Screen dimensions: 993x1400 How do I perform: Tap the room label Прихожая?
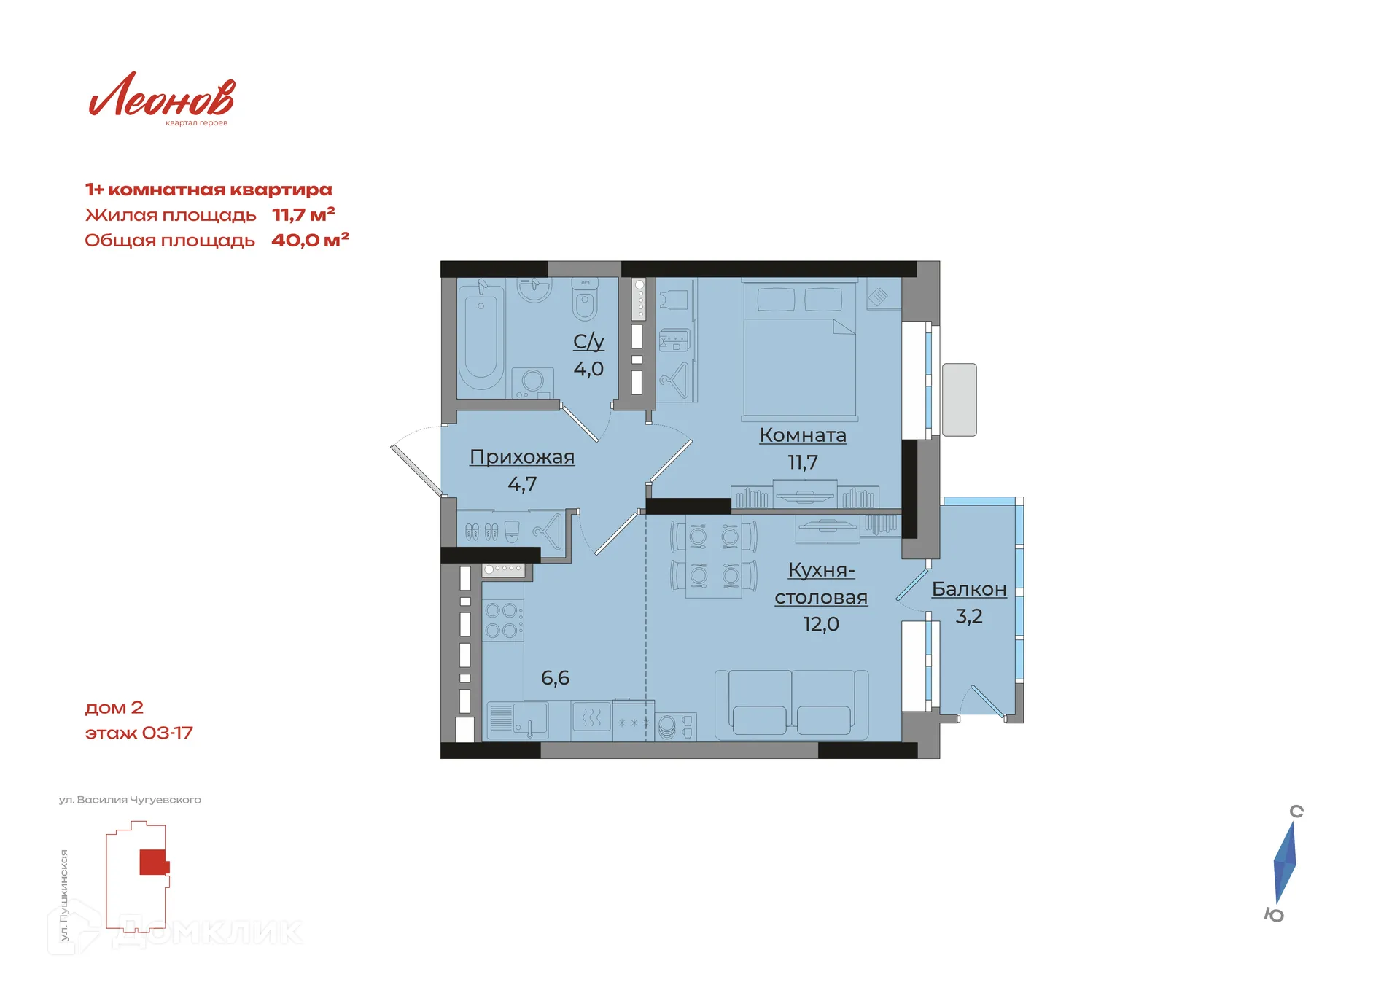[522, 457]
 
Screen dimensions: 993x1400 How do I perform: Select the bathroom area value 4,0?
[588, 369]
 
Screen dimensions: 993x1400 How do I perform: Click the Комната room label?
[803, 435]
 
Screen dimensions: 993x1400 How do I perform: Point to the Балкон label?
[969, 589]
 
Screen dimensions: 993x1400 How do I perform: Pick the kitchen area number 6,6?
[555, 678]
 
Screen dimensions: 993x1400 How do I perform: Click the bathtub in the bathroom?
[481, 337]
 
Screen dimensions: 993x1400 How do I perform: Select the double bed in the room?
[800, 350]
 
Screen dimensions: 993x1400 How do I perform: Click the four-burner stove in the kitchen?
[502, 620]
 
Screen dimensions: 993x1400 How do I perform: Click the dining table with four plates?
[714, 556]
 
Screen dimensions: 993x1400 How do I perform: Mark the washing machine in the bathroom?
[532, 382]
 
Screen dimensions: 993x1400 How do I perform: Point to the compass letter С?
[1296, 811]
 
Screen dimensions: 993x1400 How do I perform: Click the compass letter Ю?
[1274, 915]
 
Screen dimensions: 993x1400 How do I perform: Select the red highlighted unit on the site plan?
[154, 862]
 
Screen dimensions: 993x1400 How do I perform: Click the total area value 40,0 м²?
[310, 240]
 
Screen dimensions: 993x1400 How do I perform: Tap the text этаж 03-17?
[139, 733]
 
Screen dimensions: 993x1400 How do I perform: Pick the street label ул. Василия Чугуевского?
[130, 800]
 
